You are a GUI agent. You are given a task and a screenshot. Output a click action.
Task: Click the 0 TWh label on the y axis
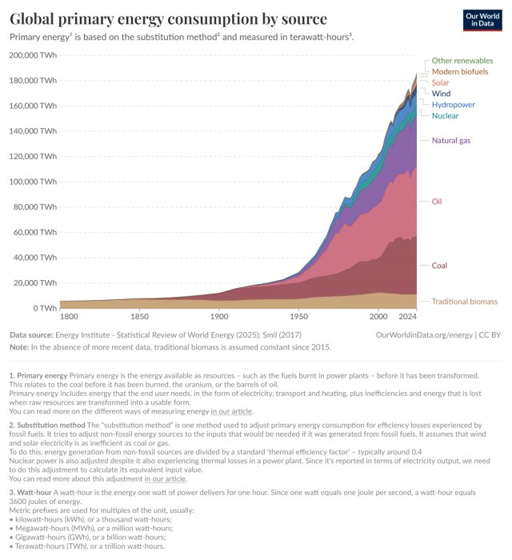coord(43,308)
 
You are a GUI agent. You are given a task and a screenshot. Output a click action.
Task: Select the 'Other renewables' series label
coord(462,61)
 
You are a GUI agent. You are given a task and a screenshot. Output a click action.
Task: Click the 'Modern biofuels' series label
coord(460,72)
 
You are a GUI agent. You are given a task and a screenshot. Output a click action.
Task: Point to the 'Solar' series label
coord(440,82)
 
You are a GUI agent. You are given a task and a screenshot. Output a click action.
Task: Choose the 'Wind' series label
coord(441,94)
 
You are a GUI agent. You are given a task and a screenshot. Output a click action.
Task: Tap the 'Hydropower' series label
coord(453,105)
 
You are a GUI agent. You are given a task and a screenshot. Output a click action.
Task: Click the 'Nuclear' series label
coord(445,116)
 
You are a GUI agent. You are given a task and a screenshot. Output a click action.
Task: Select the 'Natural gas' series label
coord(451,141)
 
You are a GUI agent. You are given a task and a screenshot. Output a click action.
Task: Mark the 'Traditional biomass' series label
coord(464,302)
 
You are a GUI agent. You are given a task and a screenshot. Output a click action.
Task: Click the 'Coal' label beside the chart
coord(440,265)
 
